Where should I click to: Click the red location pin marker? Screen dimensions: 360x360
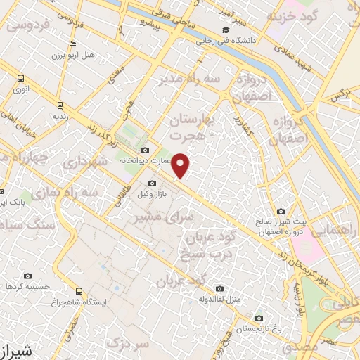(x=181, y=165)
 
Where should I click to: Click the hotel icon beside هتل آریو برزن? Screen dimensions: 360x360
(x=73, y=43)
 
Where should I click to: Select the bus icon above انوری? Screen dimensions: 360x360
(x=20, y=79)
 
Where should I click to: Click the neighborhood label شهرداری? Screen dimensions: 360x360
(x=84, y=161)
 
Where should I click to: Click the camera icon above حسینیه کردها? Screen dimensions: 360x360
(x=27, y=276)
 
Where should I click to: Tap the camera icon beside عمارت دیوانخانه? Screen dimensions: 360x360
(x=146, y=150)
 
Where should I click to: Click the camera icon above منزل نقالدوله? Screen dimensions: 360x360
(x=219, y=288)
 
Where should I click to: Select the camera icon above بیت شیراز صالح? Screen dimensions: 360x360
(x=281, y=210)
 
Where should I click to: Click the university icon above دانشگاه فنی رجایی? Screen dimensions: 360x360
(x=224, y=30)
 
